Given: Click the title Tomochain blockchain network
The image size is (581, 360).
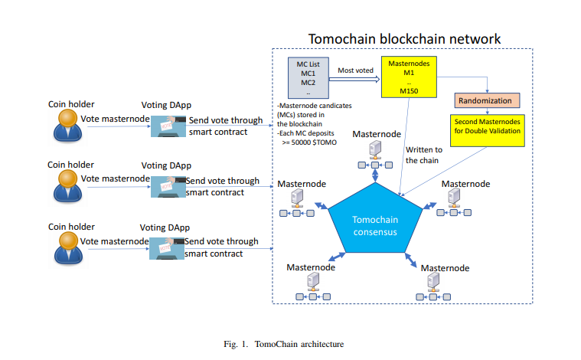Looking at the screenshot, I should point(404,38).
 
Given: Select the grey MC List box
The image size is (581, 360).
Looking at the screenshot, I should point(308,77).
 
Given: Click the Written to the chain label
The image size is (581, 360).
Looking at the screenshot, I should point(424,155).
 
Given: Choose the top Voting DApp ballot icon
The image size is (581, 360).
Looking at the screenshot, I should point(166,126).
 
